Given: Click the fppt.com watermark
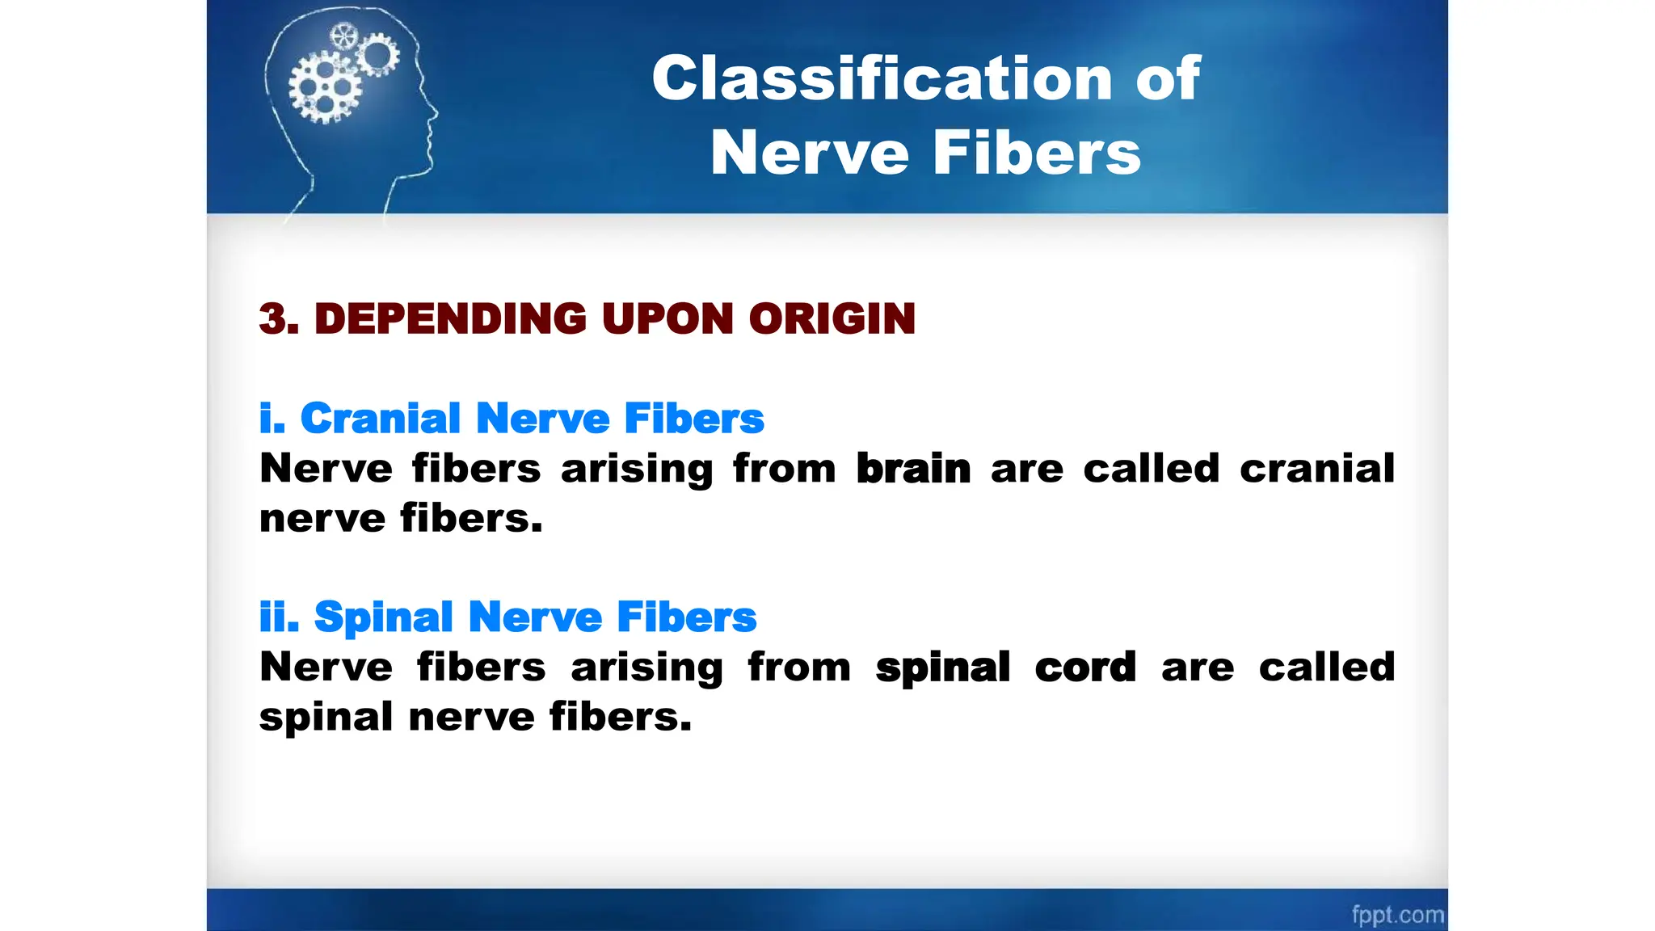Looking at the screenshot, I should [x=1397, y=914].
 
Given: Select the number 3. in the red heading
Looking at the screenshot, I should [x=279, y=318].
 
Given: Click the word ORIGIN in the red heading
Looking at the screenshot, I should [x=832, y=318].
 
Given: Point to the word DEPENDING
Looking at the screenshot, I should [x=450, y=318].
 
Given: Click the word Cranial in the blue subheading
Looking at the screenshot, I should [x=380, y=419].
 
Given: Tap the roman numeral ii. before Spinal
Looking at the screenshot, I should [x=279, y=617].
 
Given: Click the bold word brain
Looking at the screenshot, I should [x=913, y=469].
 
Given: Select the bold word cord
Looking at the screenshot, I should [x=1085, y=668].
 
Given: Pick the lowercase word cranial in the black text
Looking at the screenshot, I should [x=1317, y=469].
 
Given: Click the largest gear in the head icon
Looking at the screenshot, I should [x=325, y=87].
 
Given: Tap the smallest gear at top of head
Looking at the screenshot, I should [x=343, y=36].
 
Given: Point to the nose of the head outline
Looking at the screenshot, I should [x=435, y=113].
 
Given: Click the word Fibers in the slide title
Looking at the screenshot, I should [x=1038, y=153].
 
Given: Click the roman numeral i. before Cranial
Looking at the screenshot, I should [x=272, y=419].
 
